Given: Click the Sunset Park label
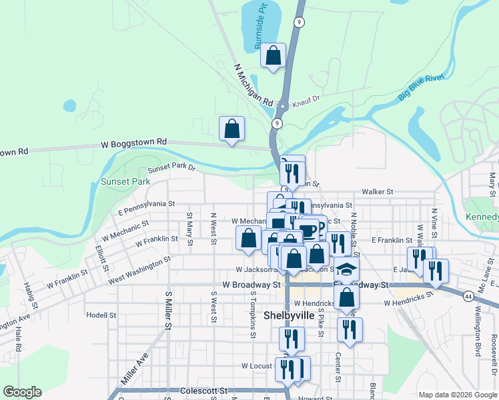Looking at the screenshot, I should point(125,181).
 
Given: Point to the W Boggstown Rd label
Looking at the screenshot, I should point(133,143).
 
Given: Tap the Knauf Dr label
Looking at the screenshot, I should point(306,98).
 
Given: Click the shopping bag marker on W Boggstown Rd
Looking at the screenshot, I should point(231,129).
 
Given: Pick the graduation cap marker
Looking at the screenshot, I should point(346,269).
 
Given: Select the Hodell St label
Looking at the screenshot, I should point(101,314).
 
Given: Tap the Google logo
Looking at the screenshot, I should point(22,392).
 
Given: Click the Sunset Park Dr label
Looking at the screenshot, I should point(171,168).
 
